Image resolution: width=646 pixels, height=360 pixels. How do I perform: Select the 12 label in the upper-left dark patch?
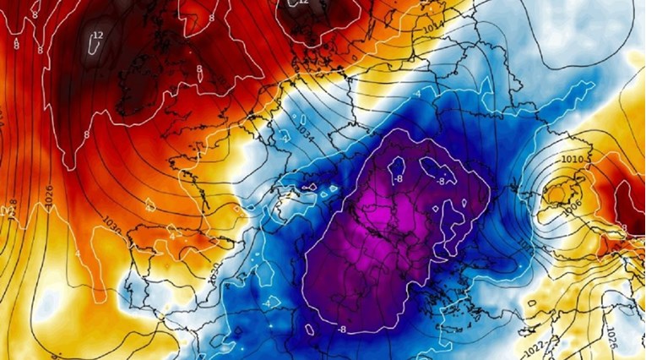click(x=97, y=35)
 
